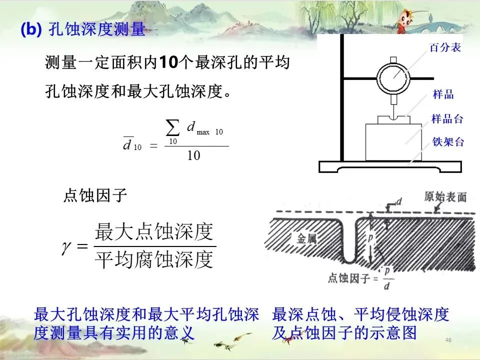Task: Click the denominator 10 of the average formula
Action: click(193, 155)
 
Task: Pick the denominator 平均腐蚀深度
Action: click(154, 260)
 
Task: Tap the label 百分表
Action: click(445, 48)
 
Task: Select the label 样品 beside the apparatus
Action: click(443, 94)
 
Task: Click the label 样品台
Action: click(447, 119)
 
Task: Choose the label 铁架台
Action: click(448, 142)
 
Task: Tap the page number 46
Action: click(448, 340)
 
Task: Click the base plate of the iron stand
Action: click(395, 167)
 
